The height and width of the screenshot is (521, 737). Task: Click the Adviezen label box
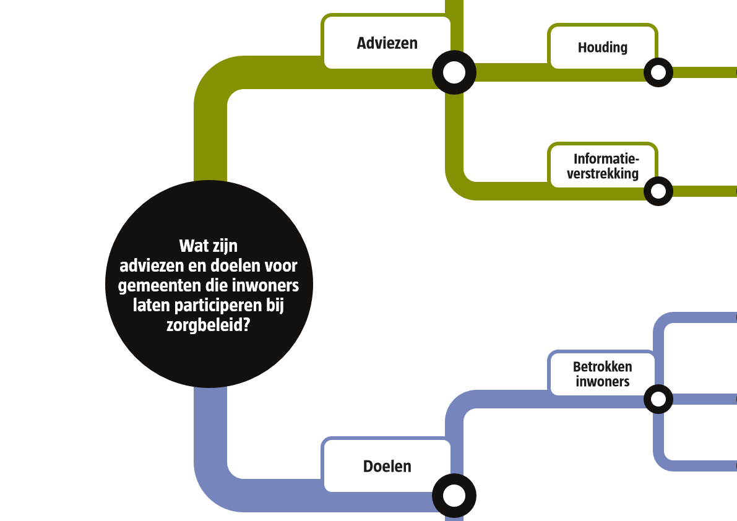coord(387,43)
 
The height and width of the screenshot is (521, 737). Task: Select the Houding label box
coord(602,47)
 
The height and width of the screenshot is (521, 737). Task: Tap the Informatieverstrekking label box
coord(602,166)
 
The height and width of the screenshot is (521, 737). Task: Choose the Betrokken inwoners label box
coord(602,374)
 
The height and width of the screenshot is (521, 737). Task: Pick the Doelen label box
coord(387,466)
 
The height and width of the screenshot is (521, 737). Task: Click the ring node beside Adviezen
coord(454,72)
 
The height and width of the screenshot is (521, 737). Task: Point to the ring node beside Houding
coord(658,72)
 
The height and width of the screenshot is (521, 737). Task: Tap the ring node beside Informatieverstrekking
coord(658,191)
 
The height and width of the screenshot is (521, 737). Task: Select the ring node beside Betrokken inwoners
coord(658,399)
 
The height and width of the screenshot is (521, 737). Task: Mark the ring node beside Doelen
coord(454,496)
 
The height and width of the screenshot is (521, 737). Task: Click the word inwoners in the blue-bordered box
coord(602,382)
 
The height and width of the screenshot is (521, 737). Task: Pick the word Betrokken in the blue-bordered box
coord(602,366)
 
